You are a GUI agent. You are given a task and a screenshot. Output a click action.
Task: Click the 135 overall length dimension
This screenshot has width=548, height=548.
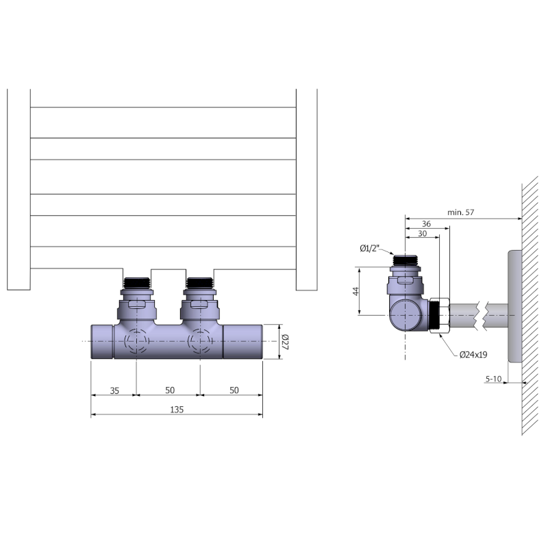click(x=176, y=409)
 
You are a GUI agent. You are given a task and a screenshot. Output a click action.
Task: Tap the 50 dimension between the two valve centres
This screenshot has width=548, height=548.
click(x=169, y=390)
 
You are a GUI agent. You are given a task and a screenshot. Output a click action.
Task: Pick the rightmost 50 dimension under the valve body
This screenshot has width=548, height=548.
click(x=233, y=390)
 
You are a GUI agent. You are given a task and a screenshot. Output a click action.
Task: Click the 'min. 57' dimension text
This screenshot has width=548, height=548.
click(x=461, y=213)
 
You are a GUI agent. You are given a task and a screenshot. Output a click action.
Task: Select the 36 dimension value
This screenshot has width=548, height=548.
click(x=426, y=224)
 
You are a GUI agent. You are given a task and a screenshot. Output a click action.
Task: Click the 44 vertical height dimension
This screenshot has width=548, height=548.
click(x=356, y=290)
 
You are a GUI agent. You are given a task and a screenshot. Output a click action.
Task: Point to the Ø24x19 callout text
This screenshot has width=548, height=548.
click(x=473, y=354)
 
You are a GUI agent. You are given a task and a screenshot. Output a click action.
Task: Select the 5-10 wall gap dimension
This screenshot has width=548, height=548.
click(x=493, y=378)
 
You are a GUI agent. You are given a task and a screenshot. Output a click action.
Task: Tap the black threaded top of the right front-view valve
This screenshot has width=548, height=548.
click(x=200, y=282)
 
